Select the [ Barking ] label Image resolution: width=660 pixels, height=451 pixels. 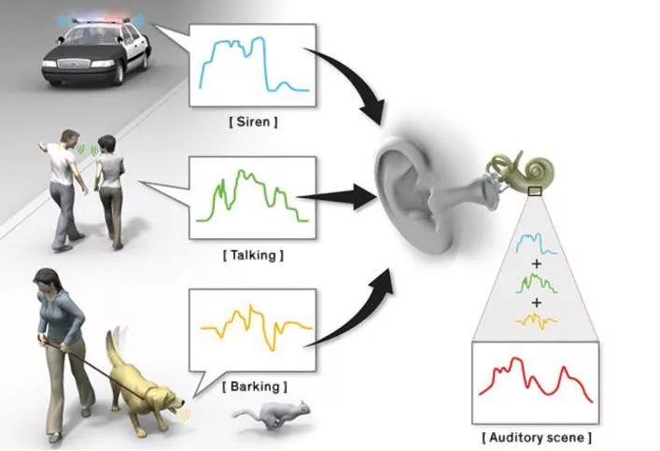point(253,385)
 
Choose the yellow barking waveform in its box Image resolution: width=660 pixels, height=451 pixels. point(253,327)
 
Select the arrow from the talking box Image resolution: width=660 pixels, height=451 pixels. point(345,197)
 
